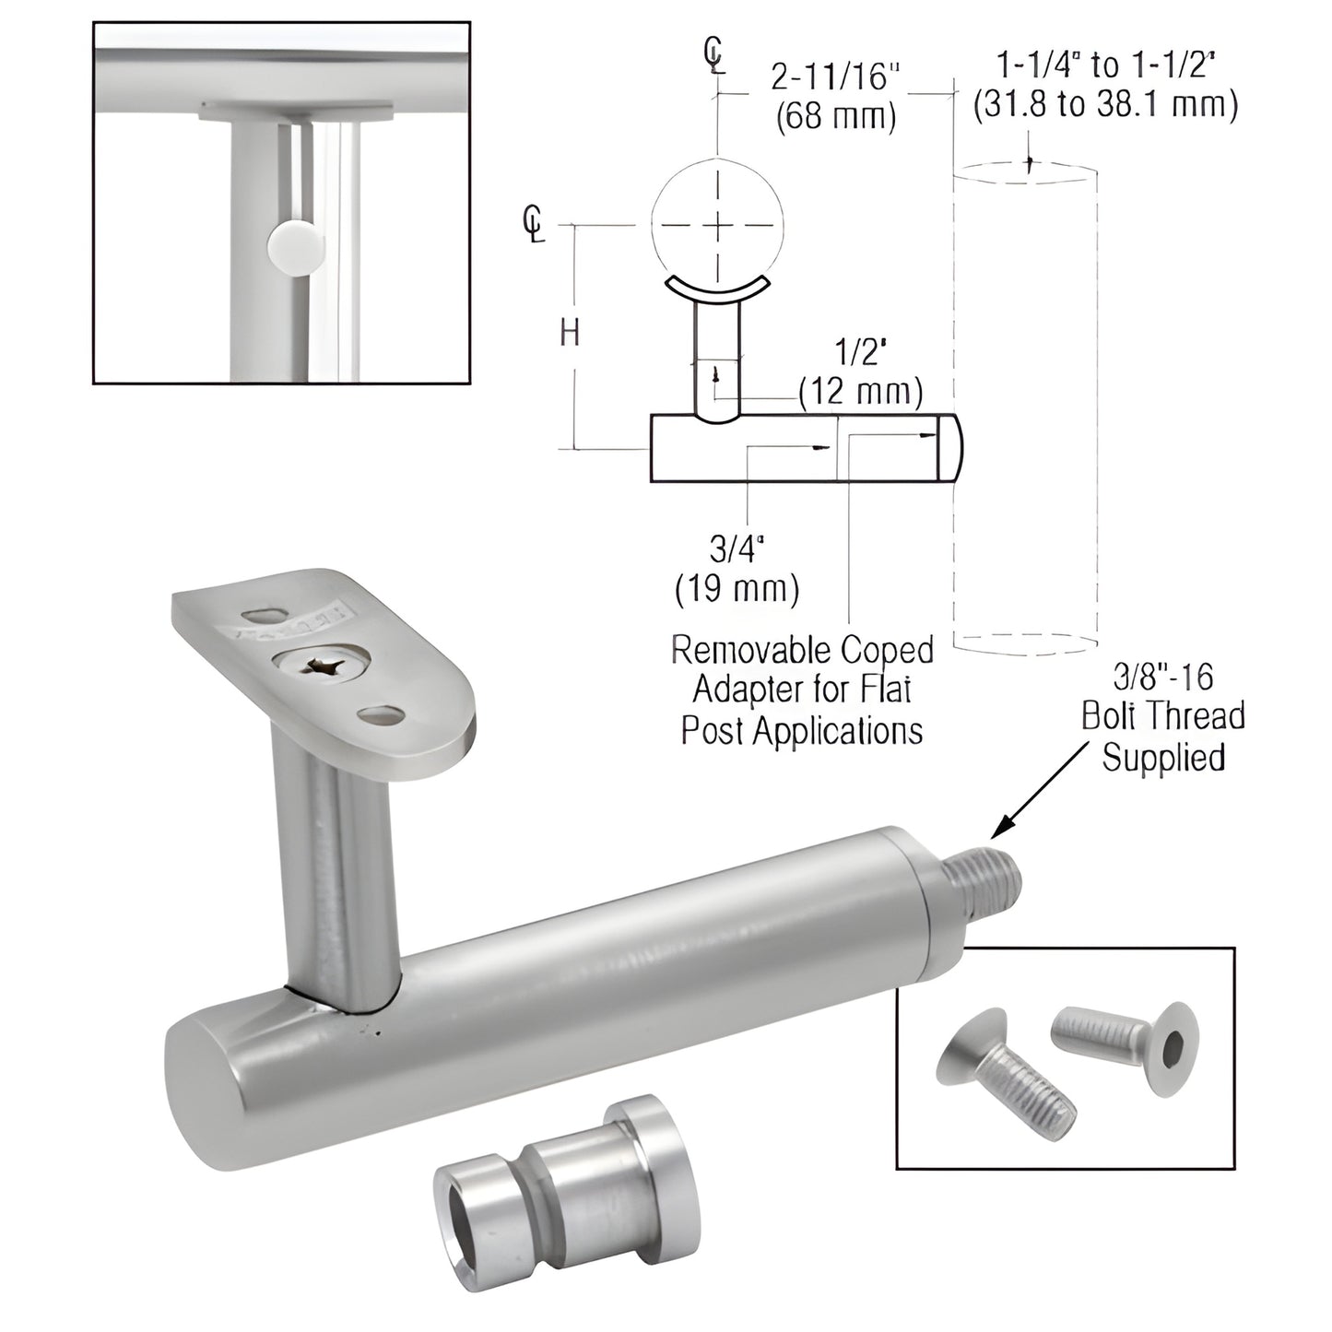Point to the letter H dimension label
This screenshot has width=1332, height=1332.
[x=571, y=333]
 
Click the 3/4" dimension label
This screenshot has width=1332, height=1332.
[x=737, y=550]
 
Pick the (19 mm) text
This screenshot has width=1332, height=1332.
[x=737, y=588]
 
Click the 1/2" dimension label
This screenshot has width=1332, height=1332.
[x=859, y=354]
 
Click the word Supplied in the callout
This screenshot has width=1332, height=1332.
[x=1163, y=758]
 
